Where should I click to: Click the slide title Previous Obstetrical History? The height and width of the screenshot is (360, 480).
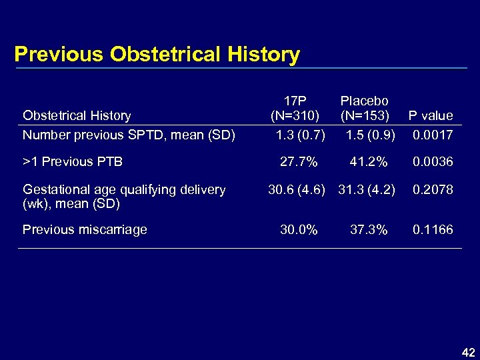[x=157, y=54]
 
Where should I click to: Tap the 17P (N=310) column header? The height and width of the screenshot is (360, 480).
[x=295, y=108]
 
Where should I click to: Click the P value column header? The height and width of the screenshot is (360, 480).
[x=431, y=115]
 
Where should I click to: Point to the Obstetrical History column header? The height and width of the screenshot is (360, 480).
[x=77, y=115]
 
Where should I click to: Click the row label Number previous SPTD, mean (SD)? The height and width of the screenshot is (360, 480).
[x=129, y=135]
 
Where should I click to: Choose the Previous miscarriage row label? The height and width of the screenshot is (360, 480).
[x=85, y=230]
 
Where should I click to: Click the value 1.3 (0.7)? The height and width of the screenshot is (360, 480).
[x=301, y=135]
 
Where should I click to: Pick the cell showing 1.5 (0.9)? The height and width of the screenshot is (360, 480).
[x=371, y=135]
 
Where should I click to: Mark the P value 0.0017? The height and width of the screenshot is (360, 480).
[x=433, y=135]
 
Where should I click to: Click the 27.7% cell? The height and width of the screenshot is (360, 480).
[x=299, y=162]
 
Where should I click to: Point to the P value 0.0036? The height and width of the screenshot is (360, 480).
[x=433, y=162]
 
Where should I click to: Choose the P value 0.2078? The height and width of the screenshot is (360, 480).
[x=433, y=189]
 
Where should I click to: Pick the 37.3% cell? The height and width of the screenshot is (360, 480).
[x=369, y=230]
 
